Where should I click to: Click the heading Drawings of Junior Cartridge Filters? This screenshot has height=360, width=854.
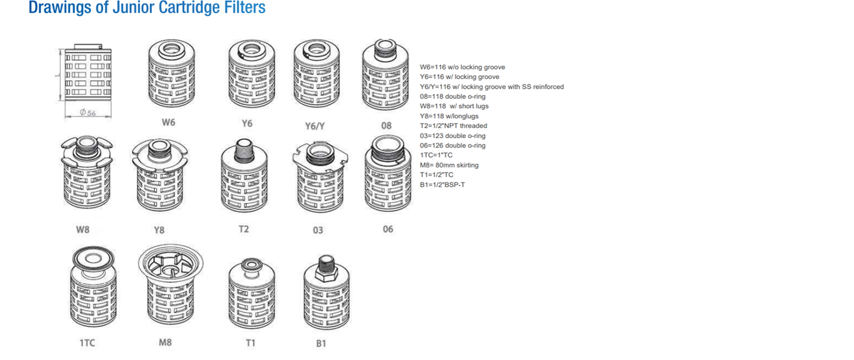click(x=147, y=8)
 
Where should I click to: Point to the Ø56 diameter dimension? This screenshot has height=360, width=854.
click(x=88, y=112)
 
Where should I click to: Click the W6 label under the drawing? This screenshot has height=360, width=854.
click(x=168, y=122)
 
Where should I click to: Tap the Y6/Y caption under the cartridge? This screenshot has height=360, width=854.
click(x=314, y=126)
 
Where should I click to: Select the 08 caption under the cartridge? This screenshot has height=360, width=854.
click(x=386, y=126)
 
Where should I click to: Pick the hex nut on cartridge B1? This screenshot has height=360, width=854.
click(x=326, y=273)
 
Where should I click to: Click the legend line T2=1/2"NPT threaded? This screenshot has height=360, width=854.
click(x=453, y=126)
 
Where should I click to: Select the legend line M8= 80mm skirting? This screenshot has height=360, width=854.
click(x=449, y=165)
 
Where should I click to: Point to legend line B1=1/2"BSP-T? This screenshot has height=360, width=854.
click(x=442, y=185)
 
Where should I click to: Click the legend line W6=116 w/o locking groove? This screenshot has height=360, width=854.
click(x=462, y=67)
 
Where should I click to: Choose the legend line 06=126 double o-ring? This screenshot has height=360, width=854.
click(x=453, y=146)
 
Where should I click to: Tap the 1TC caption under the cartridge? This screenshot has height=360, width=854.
click(x=88, y=343)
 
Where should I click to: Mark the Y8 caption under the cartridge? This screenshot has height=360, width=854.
click(x=159, y=230)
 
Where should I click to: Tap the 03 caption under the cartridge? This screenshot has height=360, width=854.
click(x=318, y=230)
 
